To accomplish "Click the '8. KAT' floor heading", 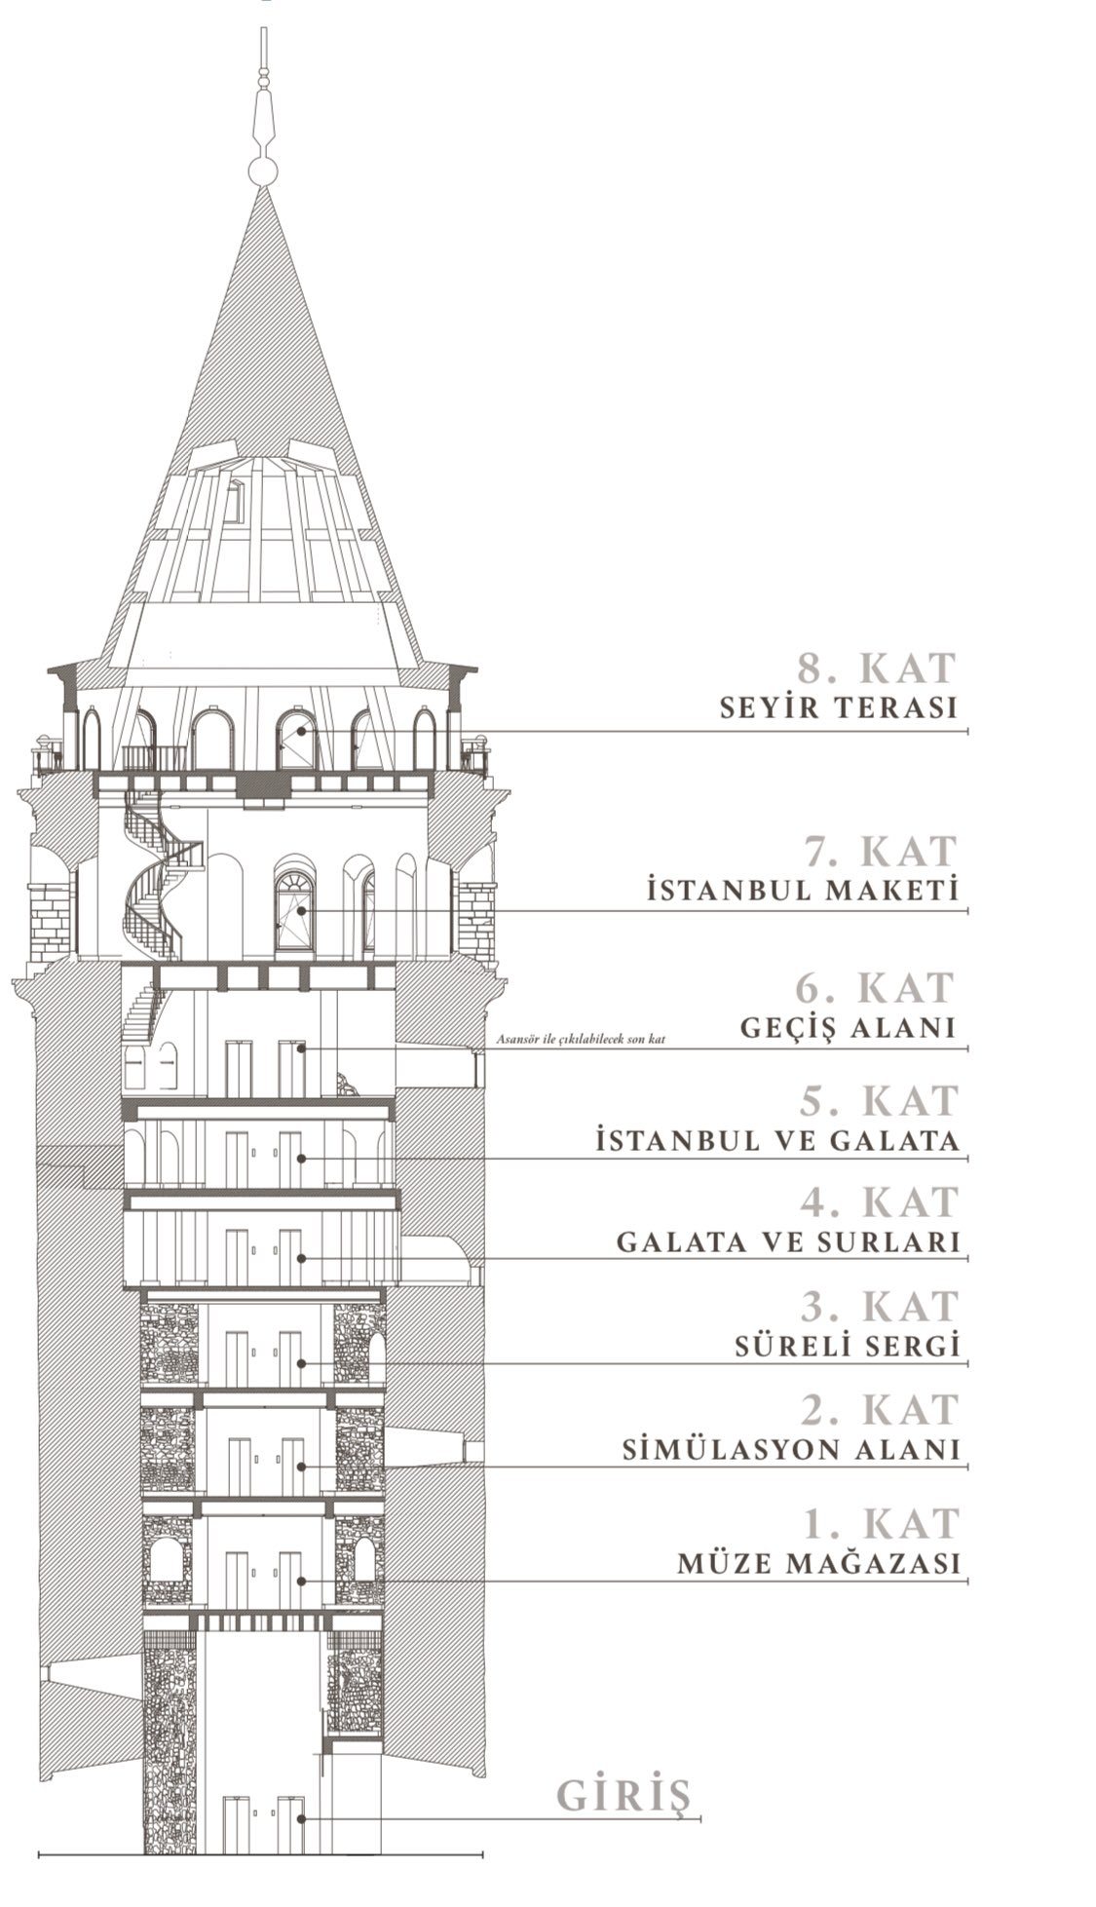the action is point(877,668).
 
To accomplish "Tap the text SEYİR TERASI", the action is point(839,708).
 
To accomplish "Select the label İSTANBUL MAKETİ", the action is point(803,891).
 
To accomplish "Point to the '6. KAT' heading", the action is point(874,988).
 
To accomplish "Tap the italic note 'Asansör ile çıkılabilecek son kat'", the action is point(581,1040).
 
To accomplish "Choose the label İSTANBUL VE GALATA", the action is point(777,1140).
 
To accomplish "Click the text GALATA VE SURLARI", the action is point(788,1242).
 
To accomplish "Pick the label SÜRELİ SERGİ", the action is point(847,1347).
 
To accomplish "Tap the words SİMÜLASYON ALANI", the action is point(791,1450).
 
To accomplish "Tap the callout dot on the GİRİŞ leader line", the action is point(302,1818).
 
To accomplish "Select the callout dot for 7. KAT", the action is point(302,911).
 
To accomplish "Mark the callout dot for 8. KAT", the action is point(302,730).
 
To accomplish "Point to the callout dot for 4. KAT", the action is point(302,1258).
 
